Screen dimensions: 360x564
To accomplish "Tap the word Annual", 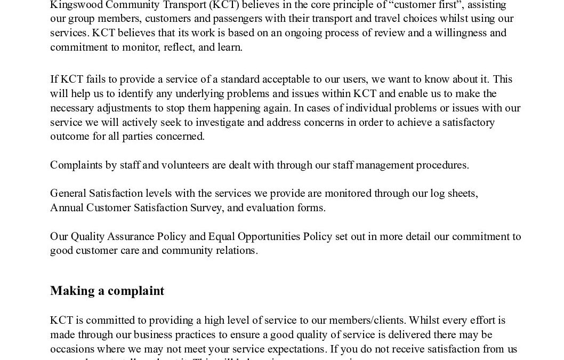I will coord(67,207).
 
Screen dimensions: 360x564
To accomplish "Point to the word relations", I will coord(236,250).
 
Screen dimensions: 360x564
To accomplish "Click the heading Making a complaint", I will coord(107,291).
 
